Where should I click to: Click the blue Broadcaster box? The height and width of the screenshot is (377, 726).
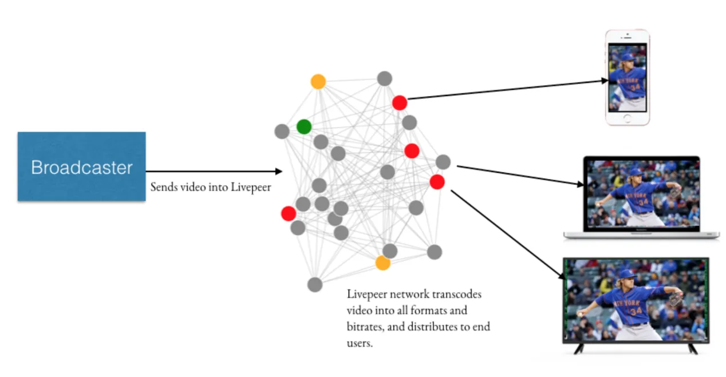(x=81, y=166)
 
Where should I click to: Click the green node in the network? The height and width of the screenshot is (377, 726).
(x=304, y=127)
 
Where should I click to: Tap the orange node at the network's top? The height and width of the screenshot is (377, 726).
(x=318, y=82)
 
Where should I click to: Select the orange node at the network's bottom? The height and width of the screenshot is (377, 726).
(x=382, y=263)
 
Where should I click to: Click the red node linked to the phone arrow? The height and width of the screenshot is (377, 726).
(x=400, y=103)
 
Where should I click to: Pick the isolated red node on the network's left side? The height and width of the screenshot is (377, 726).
(x=289, y=214)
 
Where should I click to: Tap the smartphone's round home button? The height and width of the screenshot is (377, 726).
(x=628, y=118)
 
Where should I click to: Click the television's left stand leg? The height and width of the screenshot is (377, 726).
(x=579, y=348)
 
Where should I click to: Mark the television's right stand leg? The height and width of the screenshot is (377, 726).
(x=692, y=348)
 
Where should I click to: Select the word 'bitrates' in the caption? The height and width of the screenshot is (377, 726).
(x=365, y=327)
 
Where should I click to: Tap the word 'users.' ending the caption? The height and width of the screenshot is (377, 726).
(x=360, y=344)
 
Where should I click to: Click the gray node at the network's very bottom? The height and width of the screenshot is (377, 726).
(x=314, y=284)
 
